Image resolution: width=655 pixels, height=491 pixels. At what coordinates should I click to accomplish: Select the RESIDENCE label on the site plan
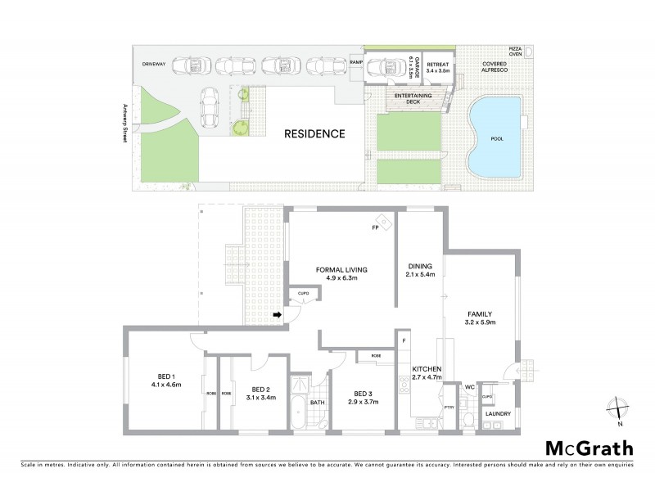[x=314, y=133]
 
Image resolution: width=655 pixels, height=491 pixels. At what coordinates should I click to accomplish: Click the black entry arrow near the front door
[x=277, y=314]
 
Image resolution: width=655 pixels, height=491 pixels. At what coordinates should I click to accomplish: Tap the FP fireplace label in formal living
[x=374, y=227]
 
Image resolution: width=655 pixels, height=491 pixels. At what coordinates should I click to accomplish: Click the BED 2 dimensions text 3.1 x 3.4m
[x=260, y=398]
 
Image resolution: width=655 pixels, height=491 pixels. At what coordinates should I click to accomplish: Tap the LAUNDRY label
[x=498, y=414]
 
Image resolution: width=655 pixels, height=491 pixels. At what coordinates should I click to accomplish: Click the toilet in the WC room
[x=468, y=419]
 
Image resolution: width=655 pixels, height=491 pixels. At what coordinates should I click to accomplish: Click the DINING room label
[x=420, y=266]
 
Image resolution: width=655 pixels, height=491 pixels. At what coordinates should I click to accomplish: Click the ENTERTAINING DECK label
[x=413, y=99]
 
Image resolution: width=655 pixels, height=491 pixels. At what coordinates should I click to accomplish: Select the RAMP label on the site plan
[x=355, y=62]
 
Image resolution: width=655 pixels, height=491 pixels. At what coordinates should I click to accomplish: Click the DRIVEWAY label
[x=155, y=62]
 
